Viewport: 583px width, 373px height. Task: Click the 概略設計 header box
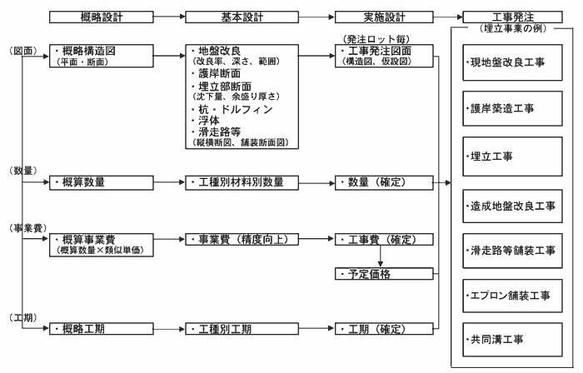coord(101,17)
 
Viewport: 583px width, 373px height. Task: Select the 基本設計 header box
coord(242,17)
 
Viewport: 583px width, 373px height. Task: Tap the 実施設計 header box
coord(384,17)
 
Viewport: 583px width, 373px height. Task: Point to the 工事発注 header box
coord(512,17)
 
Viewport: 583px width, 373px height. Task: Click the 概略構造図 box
coord(101,56)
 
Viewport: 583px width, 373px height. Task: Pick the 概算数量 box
coord(101,183)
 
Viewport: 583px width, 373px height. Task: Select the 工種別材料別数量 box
coord(242,183)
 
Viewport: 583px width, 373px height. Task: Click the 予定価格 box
coord(384,274)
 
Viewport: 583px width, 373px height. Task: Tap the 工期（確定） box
coord(384,329)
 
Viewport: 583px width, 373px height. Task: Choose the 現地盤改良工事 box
coord(512,62)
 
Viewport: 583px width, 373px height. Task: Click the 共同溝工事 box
coord(512,340)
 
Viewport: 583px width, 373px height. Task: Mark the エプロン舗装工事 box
coord(512,296)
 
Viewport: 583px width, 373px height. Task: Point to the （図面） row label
coord(23,51)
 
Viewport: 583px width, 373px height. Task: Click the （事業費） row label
coord(27,228)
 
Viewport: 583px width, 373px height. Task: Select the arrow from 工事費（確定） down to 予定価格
coord(380,256)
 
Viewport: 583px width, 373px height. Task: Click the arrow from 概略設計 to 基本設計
coord(170,17)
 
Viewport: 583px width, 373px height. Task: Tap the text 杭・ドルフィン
coord(232,109)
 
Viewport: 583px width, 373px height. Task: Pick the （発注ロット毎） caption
coord(376,39)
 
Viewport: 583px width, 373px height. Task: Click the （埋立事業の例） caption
coord(513,28)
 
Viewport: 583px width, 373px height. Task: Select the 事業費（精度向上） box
coord(242,240)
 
